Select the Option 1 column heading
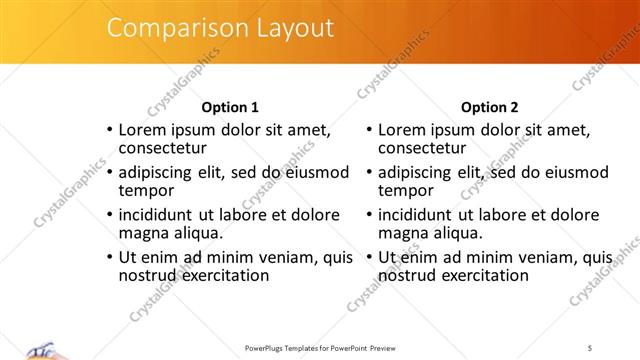[x=230, y=107]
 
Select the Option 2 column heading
[x=489, y=107]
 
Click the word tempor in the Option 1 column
[x=147, y=190]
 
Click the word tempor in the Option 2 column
[x=406, y=190]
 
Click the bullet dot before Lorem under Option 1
[x=110, y=130]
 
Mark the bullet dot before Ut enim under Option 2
[x=369, y=257]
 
